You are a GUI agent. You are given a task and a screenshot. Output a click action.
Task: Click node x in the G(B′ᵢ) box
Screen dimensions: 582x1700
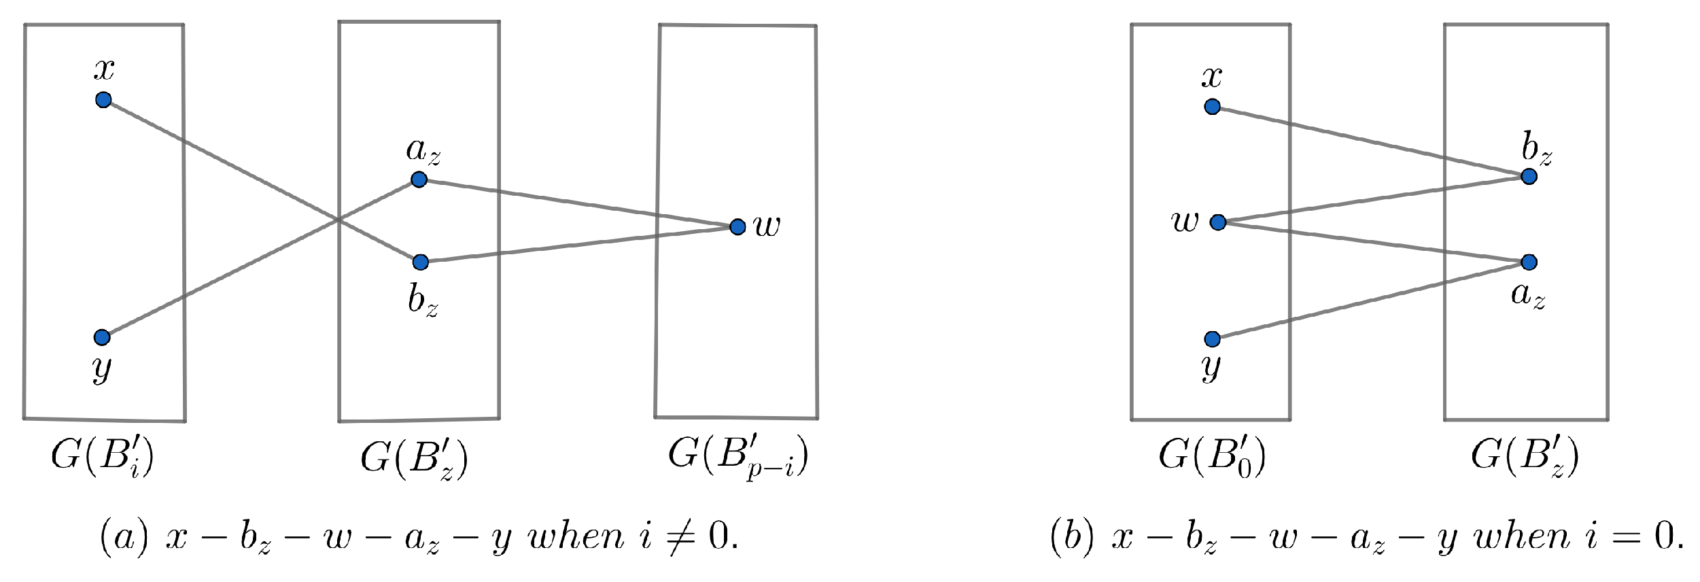point(103,100)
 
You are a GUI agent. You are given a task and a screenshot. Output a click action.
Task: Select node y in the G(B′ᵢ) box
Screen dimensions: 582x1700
point(102,337)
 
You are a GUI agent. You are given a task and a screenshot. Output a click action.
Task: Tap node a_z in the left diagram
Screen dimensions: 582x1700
point(419,179)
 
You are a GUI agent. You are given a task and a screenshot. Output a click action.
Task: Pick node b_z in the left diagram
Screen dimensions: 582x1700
point(420,262)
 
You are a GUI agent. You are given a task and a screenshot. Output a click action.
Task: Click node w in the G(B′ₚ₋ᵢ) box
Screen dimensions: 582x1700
point(738,226)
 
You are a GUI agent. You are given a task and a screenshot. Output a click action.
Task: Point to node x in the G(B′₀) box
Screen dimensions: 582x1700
point(1212,107)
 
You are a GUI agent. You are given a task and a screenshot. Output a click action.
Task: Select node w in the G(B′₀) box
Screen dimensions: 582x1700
point(1218,222)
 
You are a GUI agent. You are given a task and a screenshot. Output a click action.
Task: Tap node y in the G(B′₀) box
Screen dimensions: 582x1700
point(1212,339)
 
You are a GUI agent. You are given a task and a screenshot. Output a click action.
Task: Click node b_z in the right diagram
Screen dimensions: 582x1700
point(1529,177)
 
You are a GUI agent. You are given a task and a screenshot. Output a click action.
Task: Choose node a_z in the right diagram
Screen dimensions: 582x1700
point(1529,262)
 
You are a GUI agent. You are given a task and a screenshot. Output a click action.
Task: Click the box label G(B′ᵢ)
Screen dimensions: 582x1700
point(103,458)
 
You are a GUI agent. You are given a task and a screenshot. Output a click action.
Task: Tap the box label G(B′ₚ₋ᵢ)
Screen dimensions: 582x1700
point(738,457)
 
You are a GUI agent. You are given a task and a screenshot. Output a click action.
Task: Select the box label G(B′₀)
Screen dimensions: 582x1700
point(1212,458)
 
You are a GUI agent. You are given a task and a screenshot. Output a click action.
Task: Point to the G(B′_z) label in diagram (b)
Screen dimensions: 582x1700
point(1525,458)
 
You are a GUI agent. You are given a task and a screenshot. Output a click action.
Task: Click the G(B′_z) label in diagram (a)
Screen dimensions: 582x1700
point(414,459)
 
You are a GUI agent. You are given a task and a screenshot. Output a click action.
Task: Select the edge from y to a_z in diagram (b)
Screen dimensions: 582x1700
point(1370,301)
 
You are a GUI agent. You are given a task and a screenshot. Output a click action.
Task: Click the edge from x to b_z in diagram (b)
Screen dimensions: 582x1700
point(1370,141)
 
